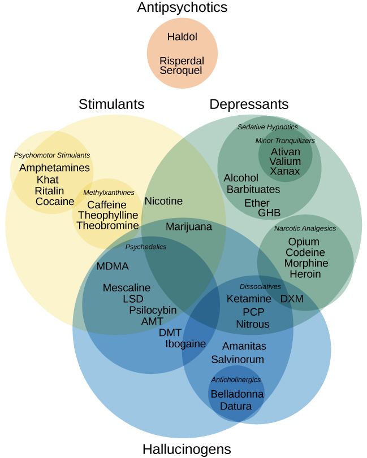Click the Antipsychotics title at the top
[182, 7]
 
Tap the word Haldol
[182, 37]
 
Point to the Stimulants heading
[111, 104]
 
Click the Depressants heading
[249, 104]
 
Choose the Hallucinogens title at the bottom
[187, 449]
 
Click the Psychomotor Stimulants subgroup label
[52, 155]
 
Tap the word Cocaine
[55, 202]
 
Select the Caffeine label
[107, 205]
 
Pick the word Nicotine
[163, 201]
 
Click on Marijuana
[189, 226]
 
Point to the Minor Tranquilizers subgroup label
[285, 141]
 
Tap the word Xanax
[285, 171]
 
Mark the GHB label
[269, 213]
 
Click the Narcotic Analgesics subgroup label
[305, 229]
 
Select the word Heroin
[305, 274]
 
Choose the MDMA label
[113, 266]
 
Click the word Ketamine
[249, 299]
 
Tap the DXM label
[292, 299]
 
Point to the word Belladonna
[237, 394]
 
